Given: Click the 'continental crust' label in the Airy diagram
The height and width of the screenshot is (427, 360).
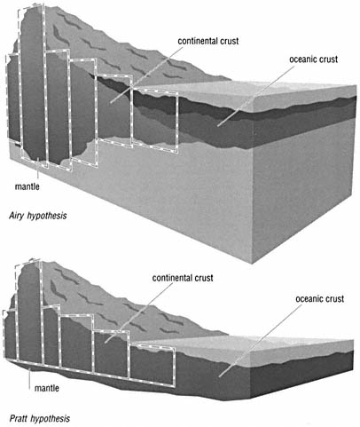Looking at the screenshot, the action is pos(208,41).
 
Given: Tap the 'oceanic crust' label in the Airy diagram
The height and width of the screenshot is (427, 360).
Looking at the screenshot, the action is pos(313,59).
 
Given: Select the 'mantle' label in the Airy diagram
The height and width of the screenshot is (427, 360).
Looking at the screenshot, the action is pos(27,186).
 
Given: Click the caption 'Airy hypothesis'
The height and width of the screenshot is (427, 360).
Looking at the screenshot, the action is pos(38,216).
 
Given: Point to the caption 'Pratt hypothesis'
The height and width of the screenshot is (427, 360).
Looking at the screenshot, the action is pos(40,418).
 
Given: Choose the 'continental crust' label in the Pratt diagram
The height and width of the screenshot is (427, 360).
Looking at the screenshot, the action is pos(183,278).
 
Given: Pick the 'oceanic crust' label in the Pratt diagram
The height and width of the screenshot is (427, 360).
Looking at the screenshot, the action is pos(319,299).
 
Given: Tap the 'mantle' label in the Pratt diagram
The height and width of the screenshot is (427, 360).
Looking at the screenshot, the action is pos(47,388).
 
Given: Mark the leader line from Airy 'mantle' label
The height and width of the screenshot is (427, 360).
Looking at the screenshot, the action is pos(38,170).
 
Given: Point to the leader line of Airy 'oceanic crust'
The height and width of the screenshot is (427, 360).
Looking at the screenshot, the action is pos(256,96).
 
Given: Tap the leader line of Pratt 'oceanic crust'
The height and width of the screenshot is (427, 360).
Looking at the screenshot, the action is pos(260,340).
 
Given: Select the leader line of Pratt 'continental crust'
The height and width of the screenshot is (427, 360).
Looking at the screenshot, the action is pos(139,312).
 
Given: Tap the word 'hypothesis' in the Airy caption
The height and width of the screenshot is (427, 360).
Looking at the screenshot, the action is pos(47,216).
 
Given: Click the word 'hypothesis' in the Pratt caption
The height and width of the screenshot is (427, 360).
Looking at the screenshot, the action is pos(50,419).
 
